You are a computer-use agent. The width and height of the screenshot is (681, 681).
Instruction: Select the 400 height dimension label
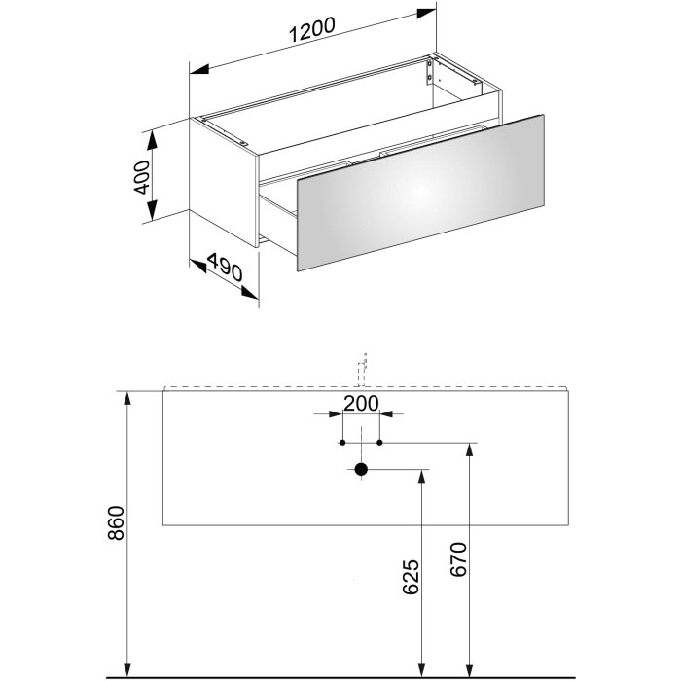[x=142, y=176]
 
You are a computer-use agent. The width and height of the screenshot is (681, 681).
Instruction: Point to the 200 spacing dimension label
[x=360, y=403]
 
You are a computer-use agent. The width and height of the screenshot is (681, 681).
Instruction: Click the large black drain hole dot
[x=361, y=470]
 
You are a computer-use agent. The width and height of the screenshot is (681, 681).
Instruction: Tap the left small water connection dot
[x=341, y=443]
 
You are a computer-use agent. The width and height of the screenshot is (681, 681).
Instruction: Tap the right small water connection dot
[x=379, y=443]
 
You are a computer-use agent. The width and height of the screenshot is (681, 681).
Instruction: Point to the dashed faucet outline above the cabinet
[x=362, y=368]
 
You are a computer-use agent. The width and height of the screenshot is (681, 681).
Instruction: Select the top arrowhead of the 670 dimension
[x=471, y=450]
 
